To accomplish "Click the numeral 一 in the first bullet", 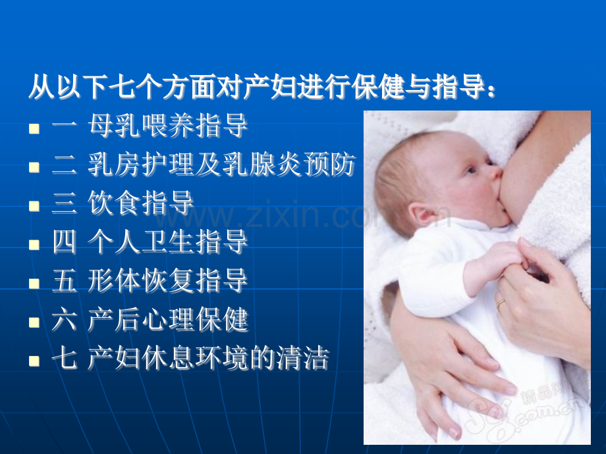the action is click(64, 125).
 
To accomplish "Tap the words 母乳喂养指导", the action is click(167, 126).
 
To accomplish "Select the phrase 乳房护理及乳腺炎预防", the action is click(221, 164).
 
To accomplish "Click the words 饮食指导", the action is click(140, 203).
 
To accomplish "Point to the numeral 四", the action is click(64, 241).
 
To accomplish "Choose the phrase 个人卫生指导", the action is click(167, 241).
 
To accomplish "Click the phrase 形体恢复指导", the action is click(167, 280).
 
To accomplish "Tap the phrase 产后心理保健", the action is click(167, 319).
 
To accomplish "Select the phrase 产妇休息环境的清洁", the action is click(208, 358).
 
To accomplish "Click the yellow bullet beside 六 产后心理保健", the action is click(34, 322).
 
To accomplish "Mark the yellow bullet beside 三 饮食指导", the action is click(34, 206).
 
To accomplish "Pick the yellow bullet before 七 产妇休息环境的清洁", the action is click(34, 361).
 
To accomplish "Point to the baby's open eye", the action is click(471, 170).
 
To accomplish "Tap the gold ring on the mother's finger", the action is click(500, 304).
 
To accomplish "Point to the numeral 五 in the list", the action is click(64, 280).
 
